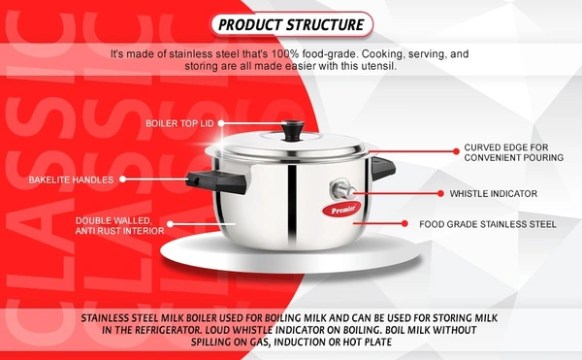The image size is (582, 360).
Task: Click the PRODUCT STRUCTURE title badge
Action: (291, 24)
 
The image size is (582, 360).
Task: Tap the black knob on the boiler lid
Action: (293, 130)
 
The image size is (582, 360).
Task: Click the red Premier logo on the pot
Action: (341, 210)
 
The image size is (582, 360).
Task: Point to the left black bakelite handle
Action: (216, 181)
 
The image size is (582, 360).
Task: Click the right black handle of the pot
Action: (383, 168)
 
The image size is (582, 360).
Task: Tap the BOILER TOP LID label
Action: (179, 123)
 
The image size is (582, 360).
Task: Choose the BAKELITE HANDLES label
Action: (71, 180)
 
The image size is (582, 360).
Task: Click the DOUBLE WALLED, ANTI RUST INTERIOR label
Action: (119, 226)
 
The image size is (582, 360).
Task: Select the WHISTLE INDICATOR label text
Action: (494, 193)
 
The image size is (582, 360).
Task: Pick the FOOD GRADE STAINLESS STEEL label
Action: (488, 224)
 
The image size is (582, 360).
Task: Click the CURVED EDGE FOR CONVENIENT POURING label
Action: (514, 152)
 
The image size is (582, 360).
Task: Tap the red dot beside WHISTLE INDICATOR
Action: (440, 193)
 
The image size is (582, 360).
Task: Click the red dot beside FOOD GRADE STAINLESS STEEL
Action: (404, 223)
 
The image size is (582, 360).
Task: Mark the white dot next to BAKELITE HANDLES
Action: (122, 180)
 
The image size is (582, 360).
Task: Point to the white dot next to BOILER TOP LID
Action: (221, 123)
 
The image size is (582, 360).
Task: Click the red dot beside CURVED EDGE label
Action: (456, 151)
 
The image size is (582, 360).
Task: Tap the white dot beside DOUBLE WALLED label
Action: (170, 224)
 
